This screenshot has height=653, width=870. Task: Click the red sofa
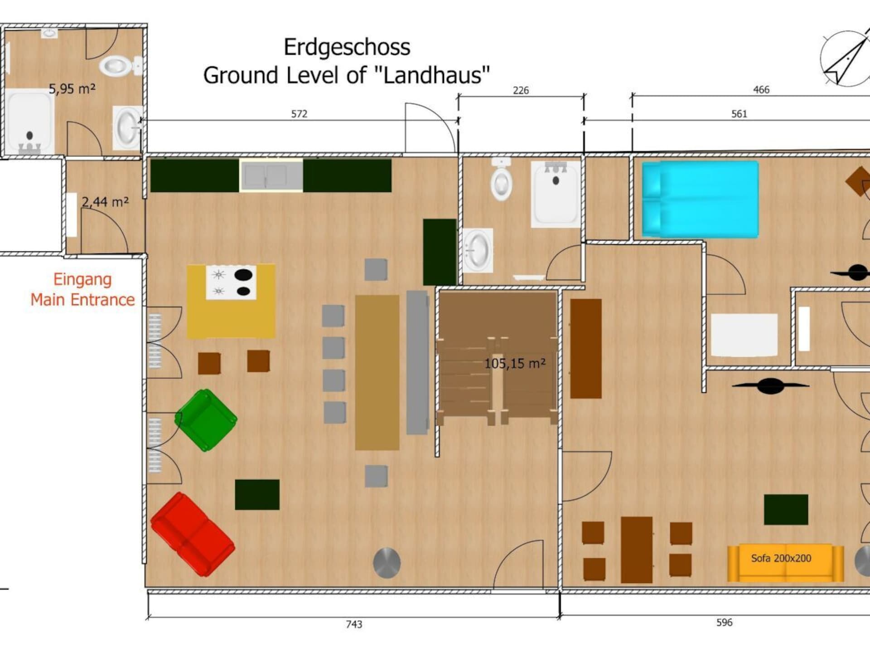pos(193,534)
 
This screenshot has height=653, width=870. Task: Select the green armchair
pos(206,420)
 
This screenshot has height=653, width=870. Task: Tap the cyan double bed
pos(701,199)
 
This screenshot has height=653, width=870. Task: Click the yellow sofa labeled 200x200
pos(785,562)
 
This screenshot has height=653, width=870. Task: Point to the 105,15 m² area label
pos(515,363)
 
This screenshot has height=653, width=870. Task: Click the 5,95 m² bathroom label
pos(72,88)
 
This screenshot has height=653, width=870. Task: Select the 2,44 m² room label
pos(105,201)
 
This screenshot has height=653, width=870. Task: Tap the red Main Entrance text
pos(82,300)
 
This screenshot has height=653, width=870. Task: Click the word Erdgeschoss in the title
pos(347,47)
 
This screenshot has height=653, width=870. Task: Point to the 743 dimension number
pos(354,624)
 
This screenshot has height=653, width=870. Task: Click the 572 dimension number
pos(299,114)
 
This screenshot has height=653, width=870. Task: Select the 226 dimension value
pos(521,90)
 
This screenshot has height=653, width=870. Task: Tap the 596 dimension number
pos(724,623)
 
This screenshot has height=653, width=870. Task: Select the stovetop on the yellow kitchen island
pos(231,283)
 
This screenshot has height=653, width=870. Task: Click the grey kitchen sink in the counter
pos(271,175)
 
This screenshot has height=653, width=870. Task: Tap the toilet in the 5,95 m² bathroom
pos(120,66)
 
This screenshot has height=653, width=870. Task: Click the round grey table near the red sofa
pos(387,563)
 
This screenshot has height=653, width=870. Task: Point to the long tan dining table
pos(377,372)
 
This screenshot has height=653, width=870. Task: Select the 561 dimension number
pos(739,114)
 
